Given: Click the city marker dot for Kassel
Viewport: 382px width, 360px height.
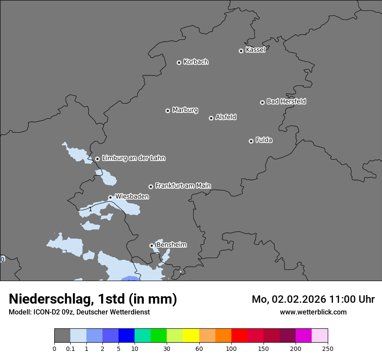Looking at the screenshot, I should click(x=241, y=51).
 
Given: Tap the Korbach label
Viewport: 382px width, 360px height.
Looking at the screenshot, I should click(x=196, y=62).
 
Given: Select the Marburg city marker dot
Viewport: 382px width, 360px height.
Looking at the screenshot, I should click(x=168, y=111).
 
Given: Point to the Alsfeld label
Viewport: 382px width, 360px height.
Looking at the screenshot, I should click(x=226, y=117).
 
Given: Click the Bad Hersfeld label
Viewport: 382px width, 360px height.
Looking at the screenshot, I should click(x=286, y=101).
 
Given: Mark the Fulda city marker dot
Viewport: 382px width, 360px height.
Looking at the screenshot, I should click(x=251, y=141).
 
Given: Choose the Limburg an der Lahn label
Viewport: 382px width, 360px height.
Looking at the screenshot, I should click(x=133, y=158).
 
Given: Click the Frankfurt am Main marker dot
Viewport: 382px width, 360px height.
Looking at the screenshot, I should click(x=151, y=187).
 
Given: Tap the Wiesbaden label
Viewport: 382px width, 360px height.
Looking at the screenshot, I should click(x=132, y=196).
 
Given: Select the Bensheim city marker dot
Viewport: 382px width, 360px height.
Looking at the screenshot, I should click(x=151, y=245).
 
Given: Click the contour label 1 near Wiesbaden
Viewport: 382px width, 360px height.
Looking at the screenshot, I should click(x=90, y=209).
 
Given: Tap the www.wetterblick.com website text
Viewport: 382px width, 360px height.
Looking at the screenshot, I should click(x=313, y=312).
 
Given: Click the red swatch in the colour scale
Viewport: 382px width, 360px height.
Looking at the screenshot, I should click(x=239, y=335).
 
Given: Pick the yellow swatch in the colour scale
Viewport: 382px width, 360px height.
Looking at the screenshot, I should click(x=191, y=335).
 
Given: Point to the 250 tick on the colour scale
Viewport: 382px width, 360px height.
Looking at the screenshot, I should click(x=328, y=348).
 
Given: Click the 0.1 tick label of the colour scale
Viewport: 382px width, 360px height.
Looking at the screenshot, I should click(x=70, y=348).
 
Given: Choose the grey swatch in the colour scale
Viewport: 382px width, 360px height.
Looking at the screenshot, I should click(x=62, y=335).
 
